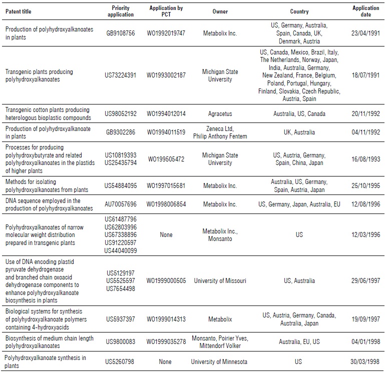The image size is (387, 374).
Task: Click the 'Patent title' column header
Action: click(20, 11)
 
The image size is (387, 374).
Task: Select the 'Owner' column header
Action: click(220, 11)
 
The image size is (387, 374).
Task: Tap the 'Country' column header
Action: click(299, 11)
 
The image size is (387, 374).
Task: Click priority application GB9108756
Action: click(121, 33)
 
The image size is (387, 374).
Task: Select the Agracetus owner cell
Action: click(220, 113)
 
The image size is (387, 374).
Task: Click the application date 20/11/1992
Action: click(365, 113)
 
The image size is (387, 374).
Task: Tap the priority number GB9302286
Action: click(121, 132)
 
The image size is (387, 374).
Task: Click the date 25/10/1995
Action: click(365, 186)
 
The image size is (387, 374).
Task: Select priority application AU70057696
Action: click(121, 204)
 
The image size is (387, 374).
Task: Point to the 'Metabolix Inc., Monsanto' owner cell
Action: click(220, 234)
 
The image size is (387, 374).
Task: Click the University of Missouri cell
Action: click(220, 280)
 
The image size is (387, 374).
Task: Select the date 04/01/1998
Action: click(365, 342)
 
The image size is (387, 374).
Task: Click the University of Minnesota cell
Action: click(220, 361)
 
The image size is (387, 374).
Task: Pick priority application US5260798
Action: click(121, 361)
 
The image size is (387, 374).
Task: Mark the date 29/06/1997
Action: click(365, 280)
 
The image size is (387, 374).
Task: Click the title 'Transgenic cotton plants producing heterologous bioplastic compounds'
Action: click(48, 113)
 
